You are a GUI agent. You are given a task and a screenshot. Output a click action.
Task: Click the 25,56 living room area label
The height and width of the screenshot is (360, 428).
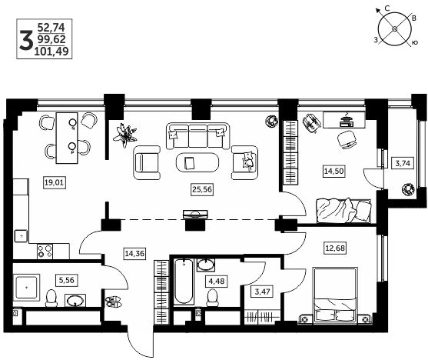pos(202,189)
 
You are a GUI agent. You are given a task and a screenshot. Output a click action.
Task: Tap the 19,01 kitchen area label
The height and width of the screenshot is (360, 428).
pos(55,182)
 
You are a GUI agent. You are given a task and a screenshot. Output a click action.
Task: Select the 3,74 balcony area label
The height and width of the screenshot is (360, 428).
pos(403,163)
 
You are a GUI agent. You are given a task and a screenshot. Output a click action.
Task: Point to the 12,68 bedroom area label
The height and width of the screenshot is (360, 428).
pos(335,248)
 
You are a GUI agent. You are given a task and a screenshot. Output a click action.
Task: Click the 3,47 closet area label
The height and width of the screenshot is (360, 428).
pos(262,292)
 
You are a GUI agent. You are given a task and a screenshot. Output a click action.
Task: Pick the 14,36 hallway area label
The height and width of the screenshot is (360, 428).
pos(134,253)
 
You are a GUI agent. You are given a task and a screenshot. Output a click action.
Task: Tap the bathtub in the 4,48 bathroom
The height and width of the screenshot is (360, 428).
pos(184,282)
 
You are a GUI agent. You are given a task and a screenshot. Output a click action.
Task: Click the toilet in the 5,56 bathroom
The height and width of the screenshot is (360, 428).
pos(51,298)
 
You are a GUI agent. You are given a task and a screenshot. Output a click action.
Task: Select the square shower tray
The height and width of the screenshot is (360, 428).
pos(26,287)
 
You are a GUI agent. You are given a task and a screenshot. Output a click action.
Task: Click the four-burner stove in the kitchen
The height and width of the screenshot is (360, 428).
pos(45,252)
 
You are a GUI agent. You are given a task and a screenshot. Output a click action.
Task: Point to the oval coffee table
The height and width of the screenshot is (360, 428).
pos(197,162)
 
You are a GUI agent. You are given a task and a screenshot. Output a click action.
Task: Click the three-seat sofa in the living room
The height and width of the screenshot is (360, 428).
pos(197,136)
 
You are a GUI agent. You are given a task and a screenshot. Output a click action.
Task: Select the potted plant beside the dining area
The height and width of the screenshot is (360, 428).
pos(125,135)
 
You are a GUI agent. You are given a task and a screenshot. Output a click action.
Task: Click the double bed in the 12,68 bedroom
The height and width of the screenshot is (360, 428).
pos(336,295)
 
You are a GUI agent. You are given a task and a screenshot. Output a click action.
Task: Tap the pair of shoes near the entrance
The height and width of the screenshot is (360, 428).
pos(114,302)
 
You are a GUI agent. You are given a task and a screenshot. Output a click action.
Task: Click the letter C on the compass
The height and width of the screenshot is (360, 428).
pos(387,8)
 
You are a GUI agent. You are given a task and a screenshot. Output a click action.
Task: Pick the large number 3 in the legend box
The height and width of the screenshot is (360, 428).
pos(26,40)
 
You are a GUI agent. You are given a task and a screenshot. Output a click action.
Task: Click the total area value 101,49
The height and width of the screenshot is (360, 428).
pos(51,51)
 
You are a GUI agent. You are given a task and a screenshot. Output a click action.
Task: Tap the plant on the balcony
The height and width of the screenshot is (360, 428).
pos(408,189)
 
